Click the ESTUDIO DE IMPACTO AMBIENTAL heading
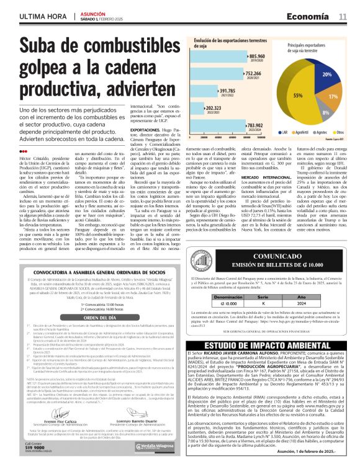tap(269, 345)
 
